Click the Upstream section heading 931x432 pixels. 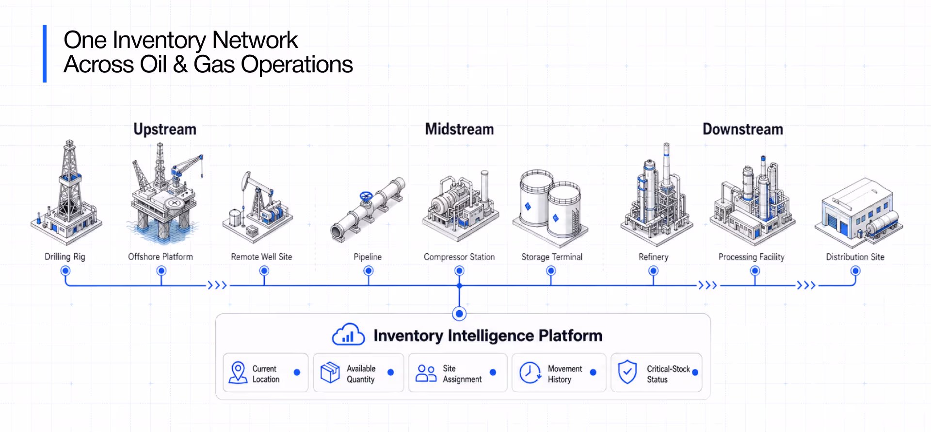165,129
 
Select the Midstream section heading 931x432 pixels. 459,129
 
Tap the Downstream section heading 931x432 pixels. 743,129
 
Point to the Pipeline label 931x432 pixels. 368,257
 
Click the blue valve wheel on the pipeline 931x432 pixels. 366,197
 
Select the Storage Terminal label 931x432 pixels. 552,257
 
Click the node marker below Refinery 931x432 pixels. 654,271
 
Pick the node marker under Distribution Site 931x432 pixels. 855,271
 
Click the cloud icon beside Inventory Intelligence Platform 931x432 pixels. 348,334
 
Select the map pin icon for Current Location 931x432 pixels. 238,372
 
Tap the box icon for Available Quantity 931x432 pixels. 330,372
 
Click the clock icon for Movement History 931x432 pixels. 530,372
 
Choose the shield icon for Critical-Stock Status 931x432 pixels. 627,372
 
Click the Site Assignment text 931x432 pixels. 462,374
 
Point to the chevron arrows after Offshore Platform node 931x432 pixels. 217,285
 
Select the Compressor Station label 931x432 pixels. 459,257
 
